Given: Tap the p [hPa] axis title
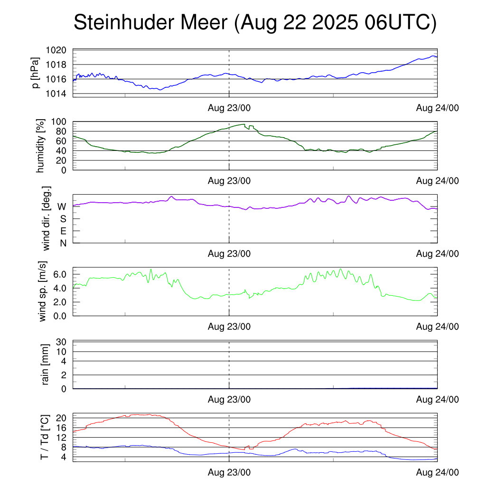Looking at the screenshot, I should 35,72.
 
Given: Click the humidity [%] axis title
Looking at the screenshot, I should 41,146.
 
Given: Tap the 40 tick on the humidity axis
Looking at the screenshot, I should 62,151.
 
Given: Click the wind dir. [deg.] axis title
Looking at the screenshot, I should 46,218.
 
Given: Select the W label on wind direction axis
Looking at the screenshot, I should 62,207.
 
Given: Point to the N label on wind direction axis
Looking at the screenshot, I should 63,243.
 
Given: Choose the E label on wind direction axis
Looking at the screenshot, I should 63,231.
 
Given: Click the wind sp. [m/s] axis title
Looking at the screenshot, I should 43,291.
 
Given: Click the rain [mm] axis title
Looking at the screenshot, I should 46,364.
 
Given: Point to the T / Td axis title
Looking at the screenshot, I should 44,437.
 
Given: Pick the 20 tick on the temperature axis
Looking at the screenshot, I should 62,418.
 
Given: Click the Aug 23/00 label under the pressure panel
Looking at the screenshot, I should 229,108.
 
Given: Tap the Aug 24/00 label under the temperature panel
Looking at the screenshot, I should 437,473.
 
